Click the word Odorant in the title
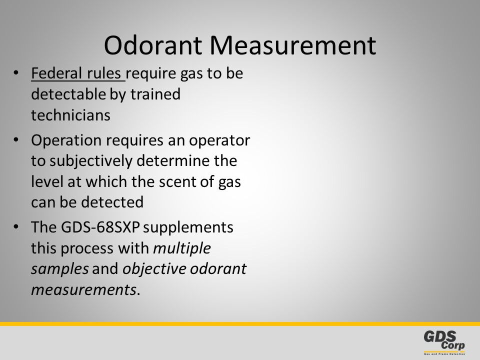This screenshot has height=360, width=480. (x=153, y=45)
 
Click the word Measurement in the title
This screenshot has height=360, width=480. (x=292, y=45)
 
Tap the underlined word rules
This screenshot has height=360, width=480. (x=104, y=73)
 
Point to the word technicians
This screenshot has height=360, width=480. (x=70, y=115)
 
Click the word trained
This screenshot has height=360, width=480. (x=155, y=94)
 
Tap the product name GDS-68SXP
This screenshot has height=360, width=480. (x=100, y=227)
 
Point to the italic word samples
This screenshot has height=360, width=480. (x=60, y=269)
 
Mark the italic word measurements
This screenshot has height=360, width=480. (x=83, y=290)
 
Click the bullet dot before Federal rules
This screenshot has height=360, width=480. (x=16, y=73)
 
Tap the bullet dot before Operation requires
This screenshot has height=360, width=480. (x=16, y=140)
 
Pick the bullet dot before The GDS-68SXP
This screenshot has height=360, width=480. (x=16, y=227)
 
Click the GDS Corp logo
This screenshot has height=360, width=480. (x=444, y=342)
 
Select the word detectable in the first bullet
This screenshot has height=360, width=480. (x=68, y=94)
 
